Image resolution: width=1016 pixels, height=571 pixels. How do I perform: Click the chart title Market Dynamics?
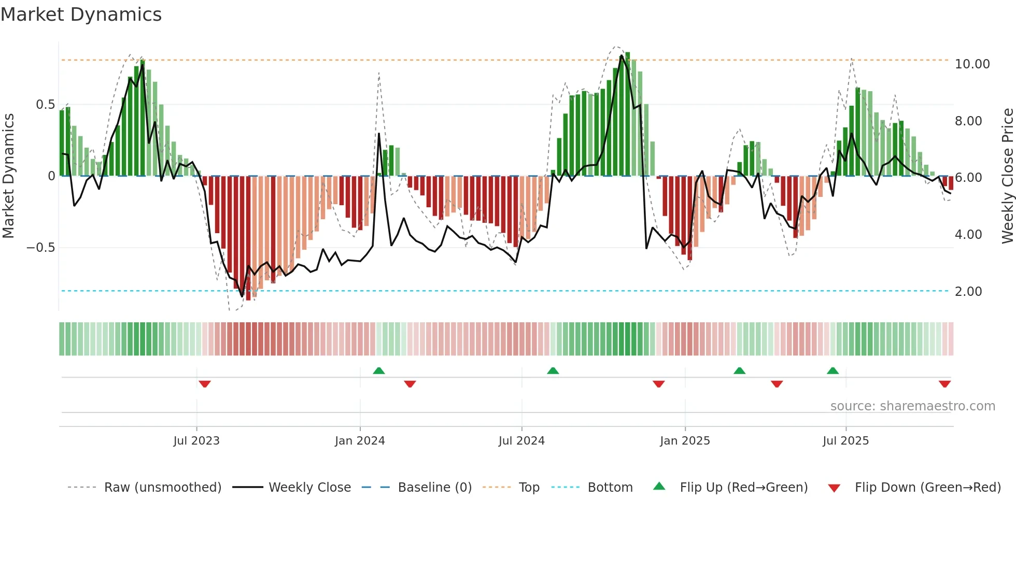click(x=81, y=15)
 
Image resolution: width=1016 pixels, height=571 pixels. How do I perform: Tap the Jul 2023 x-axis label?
click(x=196, y=441)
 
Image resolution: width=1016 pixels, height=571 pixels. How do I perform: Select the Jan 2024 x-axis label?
click(x=360, y=441)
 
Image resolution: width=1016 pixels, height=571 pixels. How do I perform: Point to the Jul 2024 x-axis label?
click(x=521, y=441)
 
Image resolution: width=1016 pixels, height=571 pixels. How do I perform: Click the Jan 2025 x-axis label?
click(x=685, y=441)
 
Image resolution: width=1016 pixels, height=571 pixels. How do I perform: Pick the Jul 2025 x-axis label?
click(x=845, y=441)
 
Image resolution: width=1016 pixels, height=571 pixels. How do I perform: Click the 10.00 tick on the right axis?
click(x=972, y=64)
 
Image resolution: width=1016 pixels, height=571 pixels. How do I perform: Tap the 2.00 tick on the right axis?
click(x=968, y=292)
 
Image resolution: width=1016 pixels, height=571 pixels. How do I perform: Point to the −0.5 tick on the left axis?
click(x=41, y=248)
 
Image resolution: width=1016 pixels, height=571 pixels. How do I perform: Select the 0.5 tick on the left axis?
click(x=45, y=105)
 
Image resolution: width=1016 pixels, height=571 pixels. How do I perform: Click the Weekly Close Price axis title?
click(x=1007, y=176)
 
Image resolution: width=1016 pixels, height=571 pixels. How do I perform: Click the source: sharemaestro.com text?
click(x=912, y=406)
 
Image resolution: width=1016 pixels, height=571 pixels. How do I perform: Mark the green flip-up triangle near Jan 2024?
click(x=379, y=370)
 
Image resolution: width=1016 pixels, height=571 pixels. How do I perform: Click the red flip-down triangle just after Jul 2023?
click(x=205, y=384)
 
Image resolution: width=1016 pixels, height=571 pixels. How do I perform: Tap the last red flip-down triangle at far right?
click(x=944, y=384)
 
